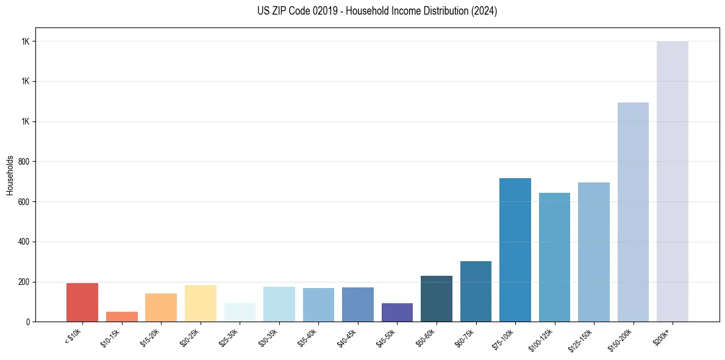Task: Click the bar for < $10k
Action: click(x=82, y=302)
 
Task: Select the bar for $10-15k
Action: click(x=121, y=317)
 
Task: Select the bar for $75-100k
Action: click(x=515, y=250)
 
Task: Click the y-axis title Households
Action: click(x=10, y=175)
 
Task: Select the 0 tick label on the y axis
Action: click(x=27, y=322)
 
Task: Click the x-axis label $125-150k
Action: click(x=581, y=338)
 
